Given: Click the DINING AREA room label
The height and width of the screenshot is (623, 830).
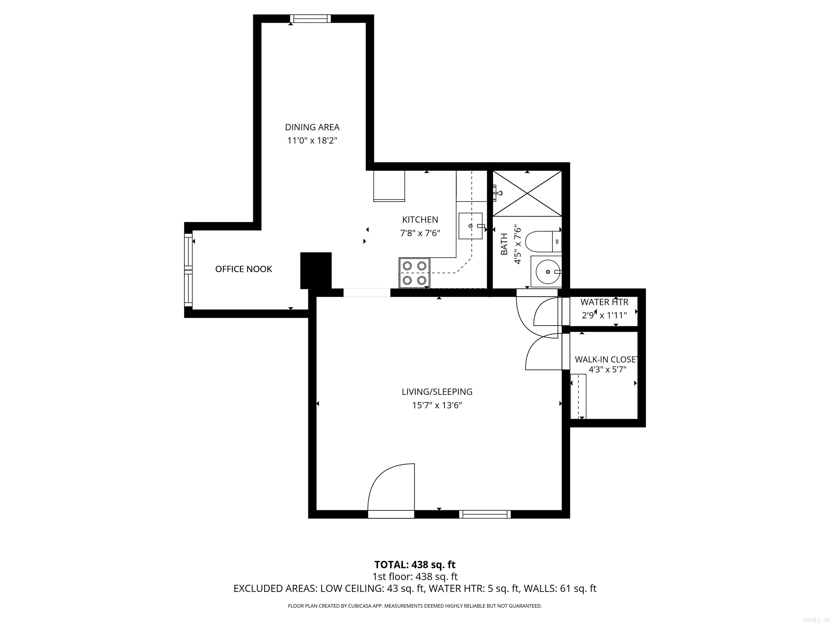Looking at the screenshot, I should [312, 127].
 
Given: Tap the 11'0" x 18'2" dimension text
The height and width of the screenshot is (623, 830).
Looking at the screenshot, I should [312, 141].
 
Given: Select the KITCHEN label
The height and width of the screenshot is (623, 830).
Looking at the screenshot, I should [420, 220].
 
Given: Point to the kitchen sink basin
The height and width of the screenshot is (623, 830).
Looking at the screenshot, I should [470, 226].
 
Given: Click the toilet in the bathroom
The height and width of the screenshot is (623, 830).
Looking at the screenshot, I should [542, 241].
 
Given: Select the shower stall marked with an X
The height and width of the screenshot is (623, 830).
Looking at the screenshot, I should [527, 193].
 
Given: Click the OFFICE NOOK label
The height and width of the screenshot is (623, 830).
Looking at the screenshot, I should [243, 269].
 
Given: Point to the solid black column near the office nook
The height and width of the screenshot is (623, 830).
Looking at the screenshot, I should [316, 270].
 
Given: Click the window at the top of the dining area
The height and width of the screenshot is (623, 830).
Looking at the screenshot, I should [310, 18].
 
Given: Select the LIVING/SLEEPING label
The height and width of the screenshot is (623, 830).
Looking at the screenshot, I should [437, 392].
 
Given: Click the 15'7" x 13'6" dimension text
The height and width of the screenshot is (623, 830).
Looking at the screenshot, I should [437, 405].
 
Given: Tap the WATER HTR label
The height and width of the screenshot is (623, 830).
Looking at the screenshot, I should [604, 302].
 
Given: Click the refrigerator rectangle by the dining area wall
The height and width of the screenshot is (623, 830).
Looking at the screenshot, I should [389, 186].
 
